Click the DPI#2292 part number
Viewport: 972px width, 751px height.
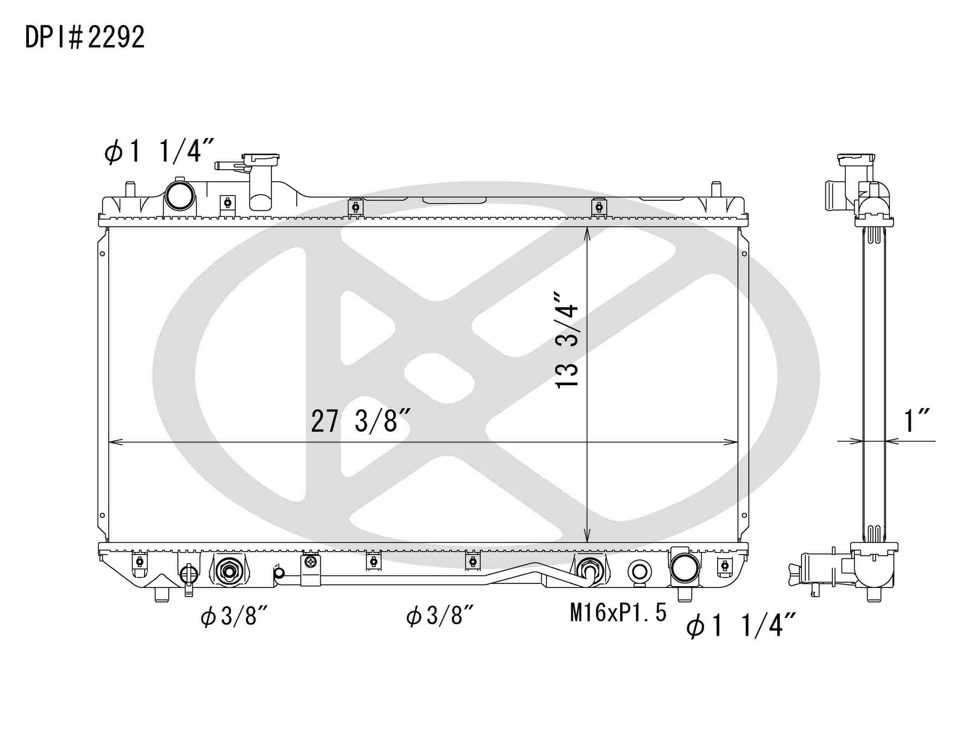pyautogui.click(x=84, y=37)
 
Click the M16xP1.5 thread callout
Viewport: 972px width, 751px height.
pyautogui.click(x=618, y=613)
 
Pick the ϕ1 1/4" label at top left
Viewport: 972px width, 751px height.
pyautogui.click(x=159, y=151)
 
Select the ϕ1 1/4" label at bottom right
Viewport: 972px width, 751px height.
pyautogui.click(x=741, y=626)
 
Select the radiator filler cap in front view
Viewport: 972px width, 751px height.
pyautogui.click(x=260, y=158)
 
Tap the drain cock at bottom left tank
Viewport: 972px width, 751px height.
pyautogui.click(x=188, y=576)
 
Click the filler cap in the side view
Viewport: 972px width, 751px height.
pyautogui.click(x=855, y=159)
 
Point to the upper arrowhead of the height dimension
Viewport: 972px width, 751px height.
pyautogui.click(x=587, y=233)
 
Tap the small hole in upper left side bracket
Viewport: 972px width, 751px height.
pyautogui.click(x=102, y=254)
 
